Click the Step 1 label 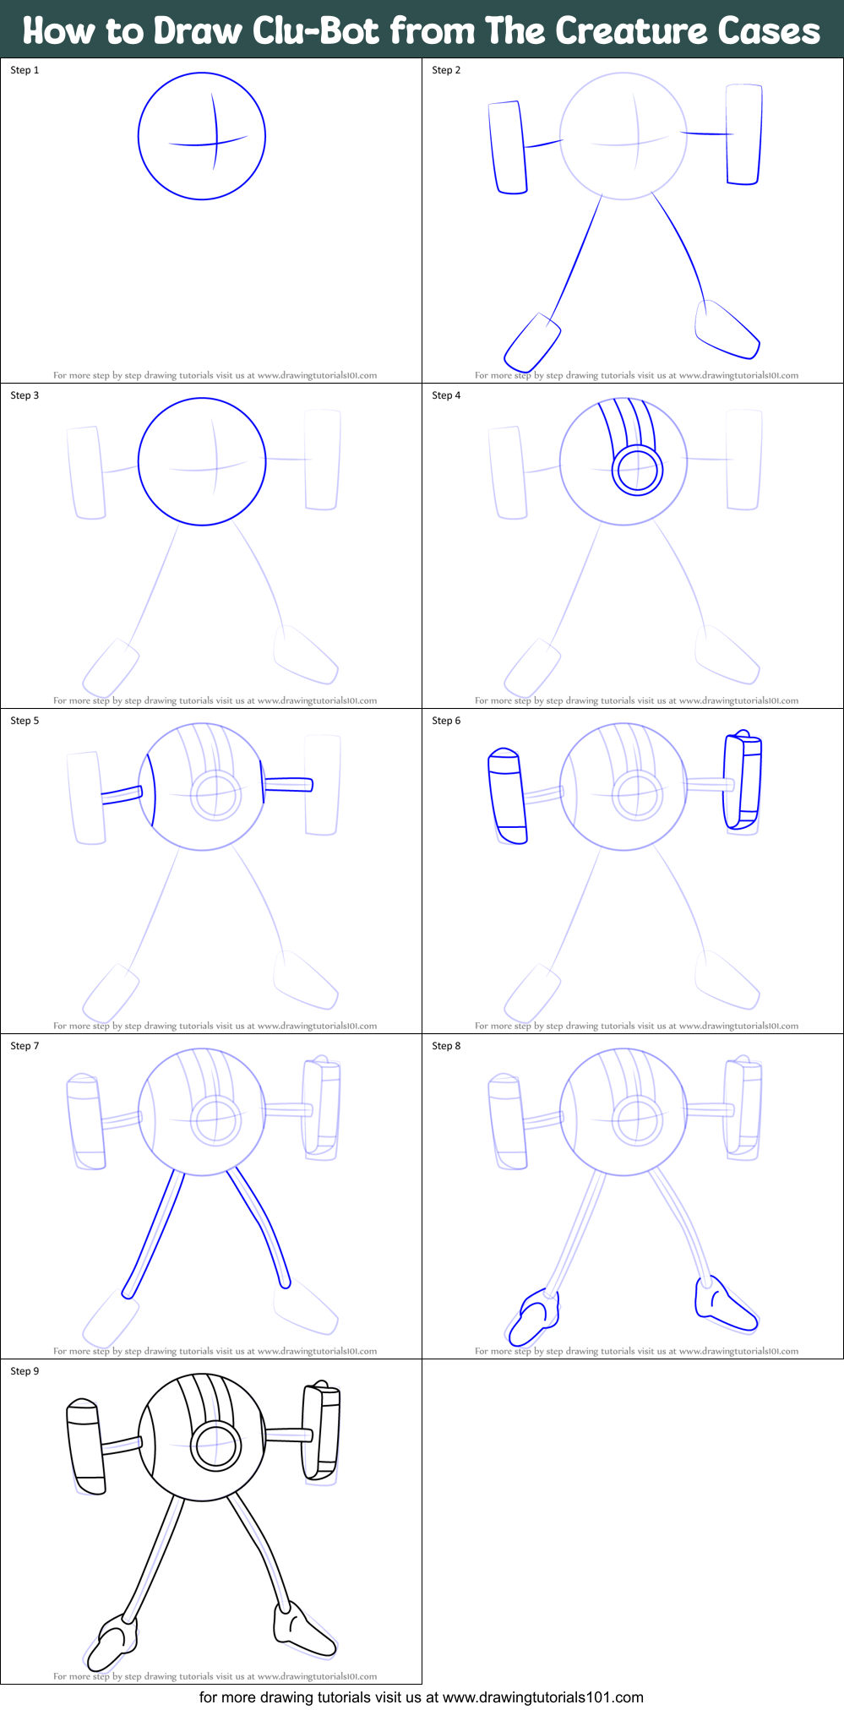click(25, 70)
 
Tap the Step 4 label click(446, 395)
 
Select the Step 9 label click(25, 1371)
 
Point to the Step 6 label click(446, 721)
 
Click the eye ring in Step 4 click(637, 471)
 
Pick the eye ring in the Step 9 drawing click(215, 1446)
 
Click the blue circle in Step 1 click(202, 135)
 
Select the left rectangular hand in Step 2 click(508, 148)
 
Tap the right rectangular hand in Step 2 click(743, 134)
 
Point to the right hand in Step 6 click(743, 781)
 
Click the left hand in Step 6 click(508, 796)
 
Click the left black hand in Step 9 click(86, 1446)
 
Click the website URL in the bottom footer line click(542, 1697)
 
